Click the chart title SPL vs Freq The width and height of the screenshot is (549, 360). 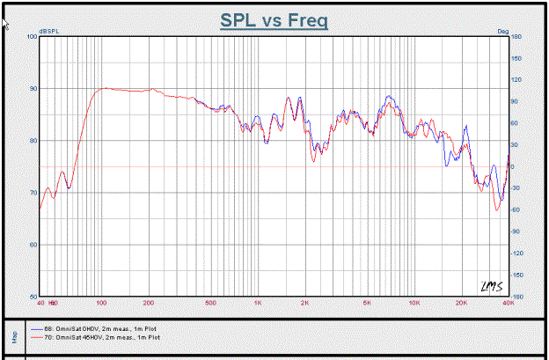click(x=273, y=18)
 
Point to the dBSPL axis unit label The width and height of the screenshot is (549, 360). click(x=50, y=32)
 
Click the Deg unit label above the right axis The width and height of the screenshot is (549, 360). click(x=503, y=32)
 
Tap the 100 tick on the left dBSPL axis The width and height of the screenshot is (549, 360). click(x=33, y=37)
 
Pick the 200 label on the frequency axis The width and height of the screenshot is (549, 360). click(x=149, y=302)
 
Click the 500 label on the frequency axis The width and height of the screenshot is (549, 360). click(x=211, y=302)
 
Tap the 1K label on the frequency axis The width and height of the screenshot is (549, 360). click(x=258, y=302)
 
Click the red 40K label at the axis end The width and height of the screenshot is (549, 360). click(x=507, y=302)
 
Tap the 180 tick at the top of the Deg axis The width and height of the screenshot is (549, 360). click(x=517, y=37)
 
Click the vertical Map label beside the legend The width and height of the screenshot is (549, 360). click(x=13, y=334)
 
